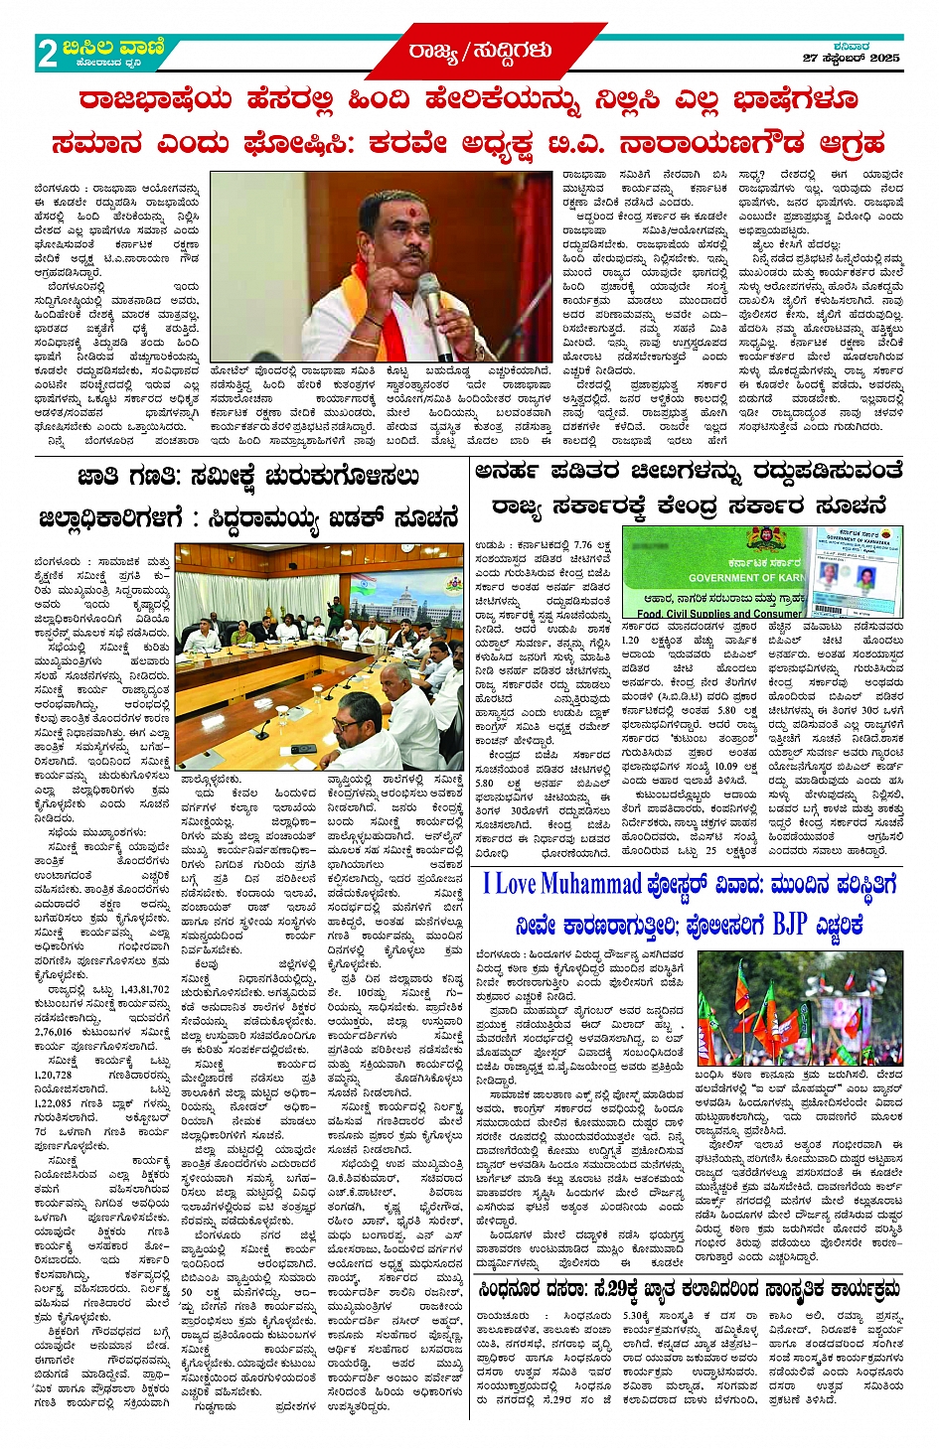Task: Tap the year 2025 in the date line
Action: tap(884, 59)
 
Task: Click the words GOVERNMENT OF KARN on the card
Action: tap(746, 577)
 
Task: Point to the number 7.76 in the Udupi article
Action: tap(582, 544)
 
